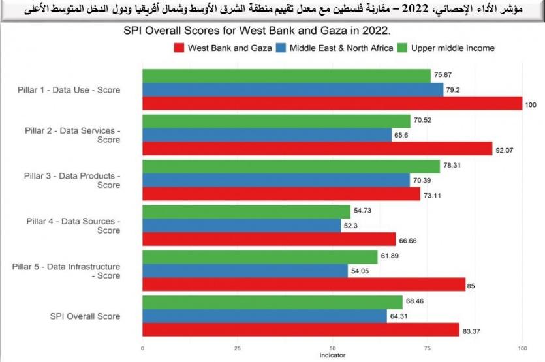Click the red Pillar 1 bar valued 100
tap(332, 103)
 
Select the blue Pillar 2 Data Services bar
tap(270, 135)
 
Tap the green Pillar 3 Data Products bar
tap(291, 166)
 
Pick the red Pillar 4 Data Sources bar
tap(269, 239)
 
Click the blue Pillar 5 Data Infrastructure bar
tap(245, 271)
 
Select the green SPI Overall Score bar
tap(272, 302)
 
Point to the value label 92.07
tap(505, 149)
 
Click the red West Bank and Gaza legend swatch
tap(179, 48)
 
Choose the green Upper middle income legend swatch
tap(402, 48)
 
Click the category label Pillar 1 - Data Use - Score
tap(69, 90)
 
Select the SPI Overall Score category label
tap(85, 316)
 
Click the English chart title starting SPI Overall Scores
tap(257, 31)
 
